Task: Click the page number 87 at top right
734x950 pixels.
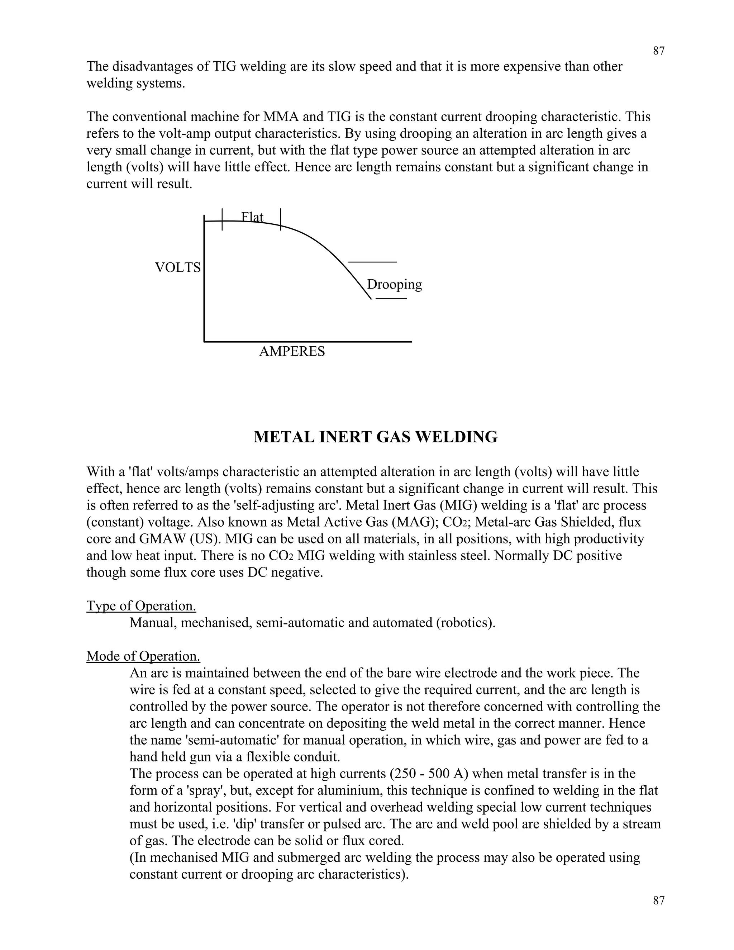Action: (659, 51)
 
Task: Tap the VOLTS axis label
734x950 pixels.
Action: (178, 267)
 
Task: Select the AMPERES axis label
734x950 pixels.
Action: (292, 351)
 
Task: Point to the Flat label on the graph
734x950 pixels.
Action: (252, 217)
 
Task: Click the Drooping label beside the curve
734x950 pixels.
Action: (394, 285)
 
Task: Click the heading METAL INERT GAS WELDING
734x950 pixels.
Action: (375, 437)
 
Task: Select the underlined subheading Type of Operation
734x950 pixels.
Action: (141, 605)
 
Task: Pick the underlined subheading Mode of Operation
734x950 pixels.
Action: (143, 656)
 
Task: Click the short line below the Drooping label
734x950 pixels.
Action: (391, 298)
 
